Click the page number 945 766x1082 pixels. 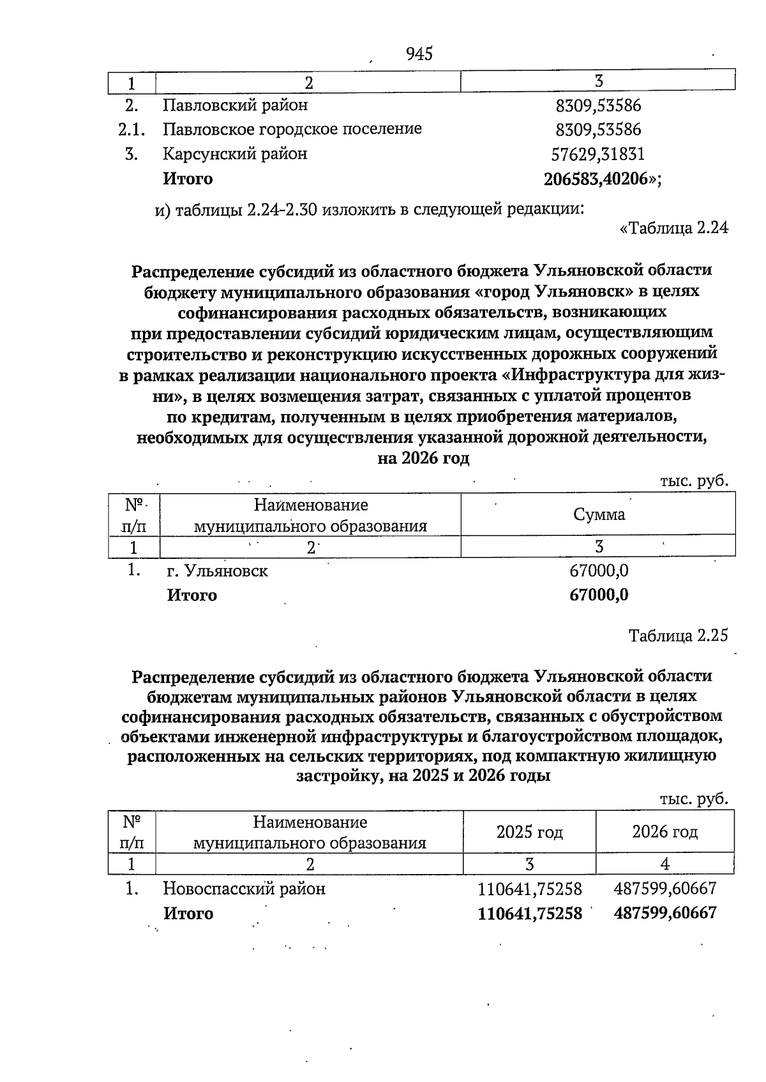(x=419, y=54)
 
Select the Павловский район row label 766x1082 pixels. (x=235, y=105)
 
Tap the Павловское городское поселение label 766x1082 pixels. (x=292, y=130)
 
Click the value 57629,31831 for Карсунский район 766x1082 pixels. (x=598, y=154)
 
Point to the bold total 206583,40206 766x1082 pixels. (x=599, y=179)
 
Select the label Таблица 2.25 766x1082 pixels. (x=678, y=636)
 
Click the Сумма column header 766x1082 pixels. (x=599, y=515)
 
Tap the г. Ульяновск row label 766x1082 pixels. (x=217, y=571)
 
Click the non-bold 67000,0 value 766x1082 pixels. (x=599, y=571)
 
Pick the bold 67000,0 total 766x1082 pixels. (x=599, y=596)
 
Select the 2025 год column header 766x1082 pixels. (x=529, y=833)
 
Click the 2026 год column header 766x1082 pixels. (x=665, y=833)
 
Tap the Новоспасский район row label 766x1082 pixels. (x=244, y=889)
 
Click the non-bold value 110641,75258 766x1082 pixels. (x=530, y=889)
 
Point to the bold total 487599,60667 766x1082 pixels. (x=665, y=913)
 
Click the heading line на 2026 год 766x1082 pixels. (x=423, y=459)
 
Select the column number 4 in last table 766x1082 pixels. (x=665, y=864)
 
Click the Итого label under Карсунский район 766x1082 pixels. (x=188, y=179)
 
